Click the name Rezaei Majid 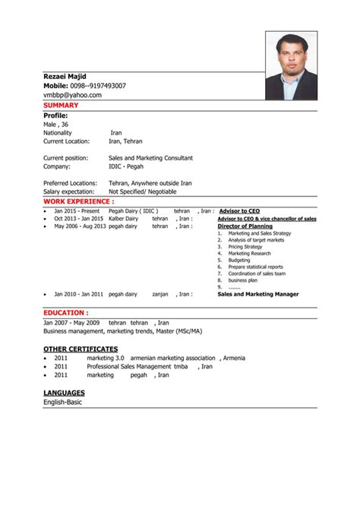point(65,77)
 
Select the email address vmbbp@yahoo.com point(72,95)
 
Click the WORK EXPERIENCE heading point(79,201)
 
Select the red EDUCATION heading point(66,312)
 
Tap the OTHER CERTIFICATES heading point(81,347)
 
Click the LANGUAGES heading point(65,392)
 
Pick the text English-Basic point(62,402)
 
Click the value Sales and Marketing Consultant point(150,158)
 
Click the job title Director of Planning point(245,226)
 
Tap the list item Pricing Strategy point(245,247)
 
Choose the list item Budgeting point(238,261)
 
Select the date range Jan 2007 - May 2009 point(71,322)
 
